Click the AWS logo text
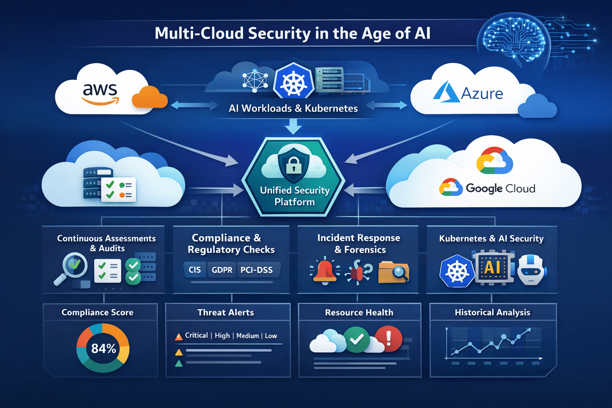point(100,90)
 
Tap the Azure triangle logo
point(446,92)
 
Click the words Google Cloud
point(500,188)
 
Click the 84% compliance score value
point(103,349)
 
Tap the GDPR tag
point(222,270)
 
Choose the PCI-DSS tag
point(257,270)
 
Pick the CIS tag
point(195,270)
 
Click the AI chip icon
point(492,267)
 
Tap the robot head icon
point(531,270)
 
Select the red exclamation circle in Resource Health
point(388,339)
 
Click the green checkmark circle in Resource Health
point(357,339)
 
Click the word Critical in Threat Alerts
point(196,335)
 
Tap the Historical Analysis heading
point(492,312)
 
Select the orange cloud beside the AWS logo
point(149,98)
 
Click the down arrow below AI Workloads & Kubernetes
point(294,127)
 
